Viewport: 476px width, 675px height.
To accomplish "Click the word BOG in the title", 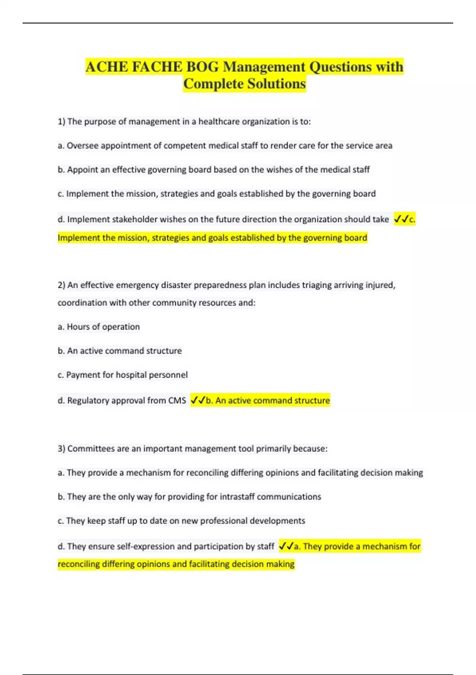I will [x=202, y=67].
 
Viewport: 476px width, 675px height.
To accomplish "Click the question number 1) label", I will [x=61, y=121].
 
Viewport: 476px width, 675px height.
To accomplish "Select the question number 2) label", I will [x=61, y=285].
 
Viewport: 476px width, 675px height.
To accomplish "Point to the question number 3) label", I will [x=61, y=449].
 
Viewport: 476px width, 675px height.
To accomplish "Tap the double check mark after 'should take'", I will [x=401, y=219].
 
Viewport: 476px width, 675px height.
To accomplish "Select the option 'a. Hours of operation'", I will [x=99, y=327].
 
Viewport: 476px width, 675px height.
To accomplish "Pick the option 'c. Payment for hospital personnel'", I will [x=123, y=375].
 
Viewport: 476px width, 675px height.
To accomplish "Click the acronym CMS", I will [x=177, y=400].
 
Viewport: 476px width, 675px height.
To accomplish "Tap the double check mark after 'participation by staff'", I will [x=286, y=546].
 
